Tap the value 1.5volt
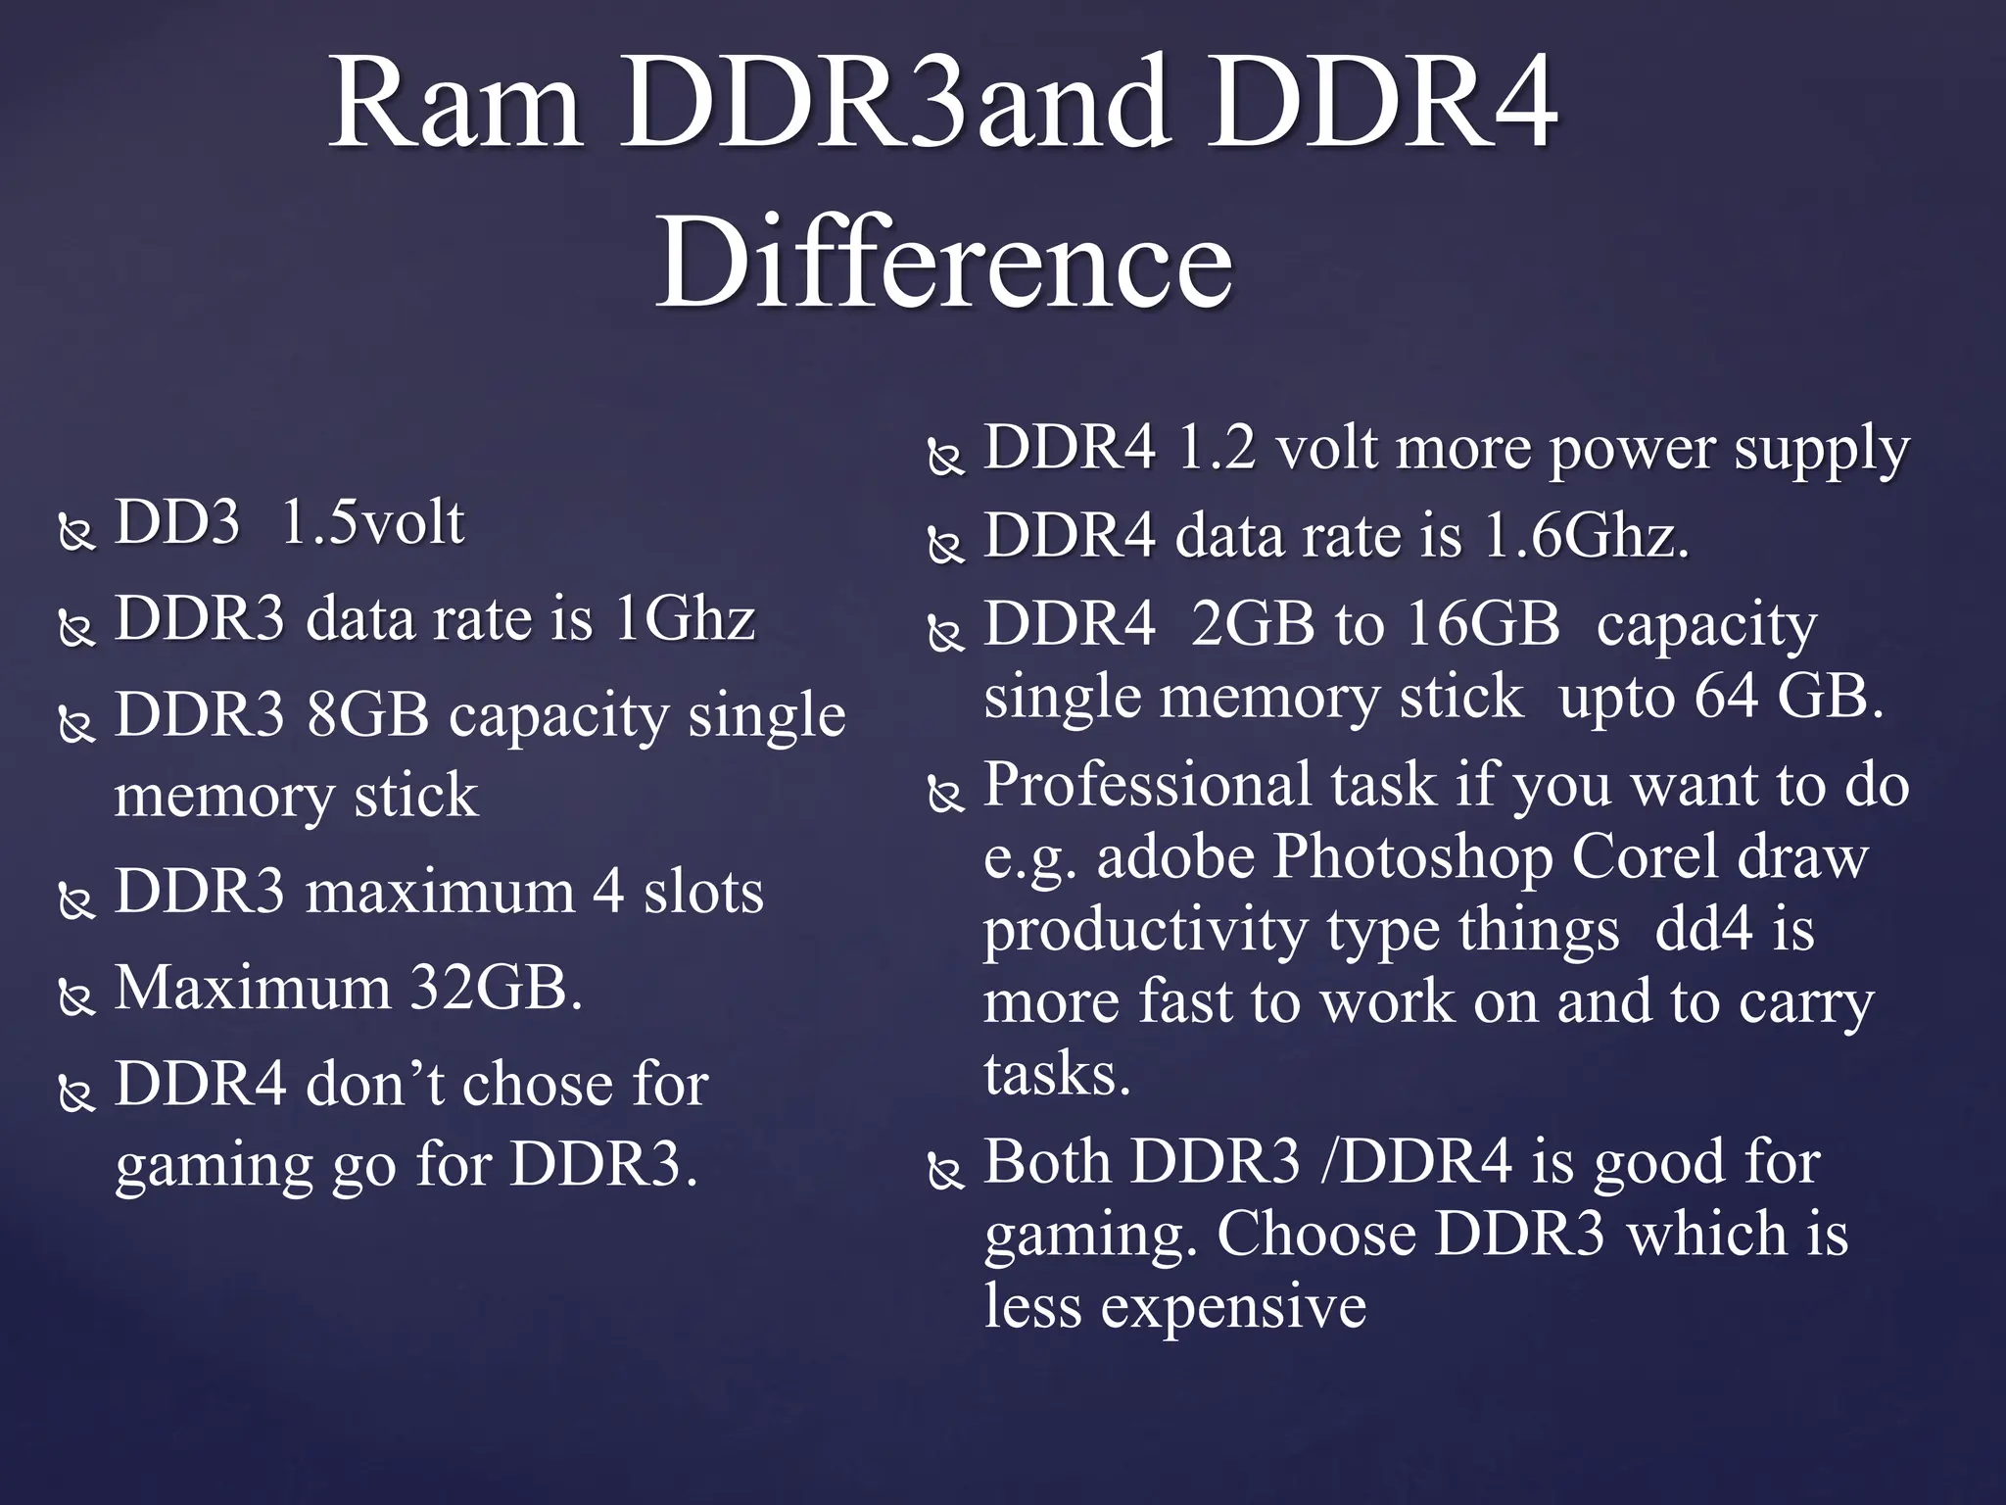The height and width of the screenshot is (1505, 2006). click(x=372, y=522)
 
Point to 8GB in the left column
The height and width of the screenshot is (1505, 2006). click(x=367, y=714)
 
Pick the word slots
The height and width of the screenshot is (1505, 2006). click(x=702, y=892)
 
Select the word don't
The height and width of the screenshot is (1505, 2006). click(x=376, y=1084)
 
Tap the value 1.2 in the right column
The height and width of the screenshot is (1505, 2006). click(x=1216, y=448)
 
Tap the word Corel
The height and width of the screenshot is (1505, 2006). click(x=1646, y=857)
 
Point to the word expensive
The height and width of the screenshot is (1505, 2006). click(x=1233, y=1306)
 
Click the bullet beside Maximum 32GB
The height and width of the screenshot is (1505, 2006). click(x=76, y=997)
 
